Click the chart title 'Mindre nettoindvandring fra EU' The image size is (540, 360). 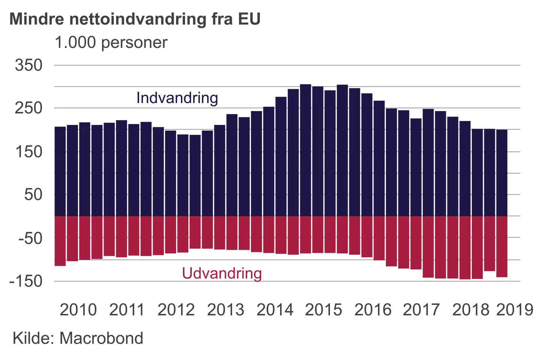click(135, 19)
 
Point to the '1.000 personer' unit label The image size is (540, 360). click(111, 43)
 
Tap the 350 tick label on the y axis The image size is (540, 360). click(28, 65)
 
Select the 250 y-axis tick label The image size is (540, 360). click(28, 108)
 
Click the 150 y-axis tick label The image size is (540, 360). click(28, 152)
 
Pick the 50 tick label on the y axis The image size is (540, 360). click(33, 195)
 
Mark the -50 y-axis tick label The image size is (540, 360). click(30, 238)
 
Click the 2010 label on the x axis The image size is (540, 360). click(78, 310)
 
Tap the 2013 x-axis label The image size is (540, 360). click(225, 310)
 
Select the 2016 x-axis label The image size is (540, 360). click(373, 310)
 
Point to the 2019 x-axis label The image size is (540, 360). click(514, 310)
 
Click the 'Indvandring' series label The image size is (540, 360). click(177, 98)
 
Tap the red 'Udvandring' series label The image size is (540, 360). click(222, 273)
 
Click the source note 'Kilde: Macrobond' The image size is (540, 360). click(78, 338)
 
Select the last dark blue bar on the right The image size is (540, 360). click(502, 172)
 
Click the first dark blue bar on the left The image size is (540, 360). click(60, 171)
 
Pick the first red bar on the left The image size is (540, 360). click(60, 241)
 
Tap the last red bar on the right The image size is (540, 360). click(502, 246)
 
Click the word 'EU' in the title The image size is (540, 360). click(249, 19)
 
